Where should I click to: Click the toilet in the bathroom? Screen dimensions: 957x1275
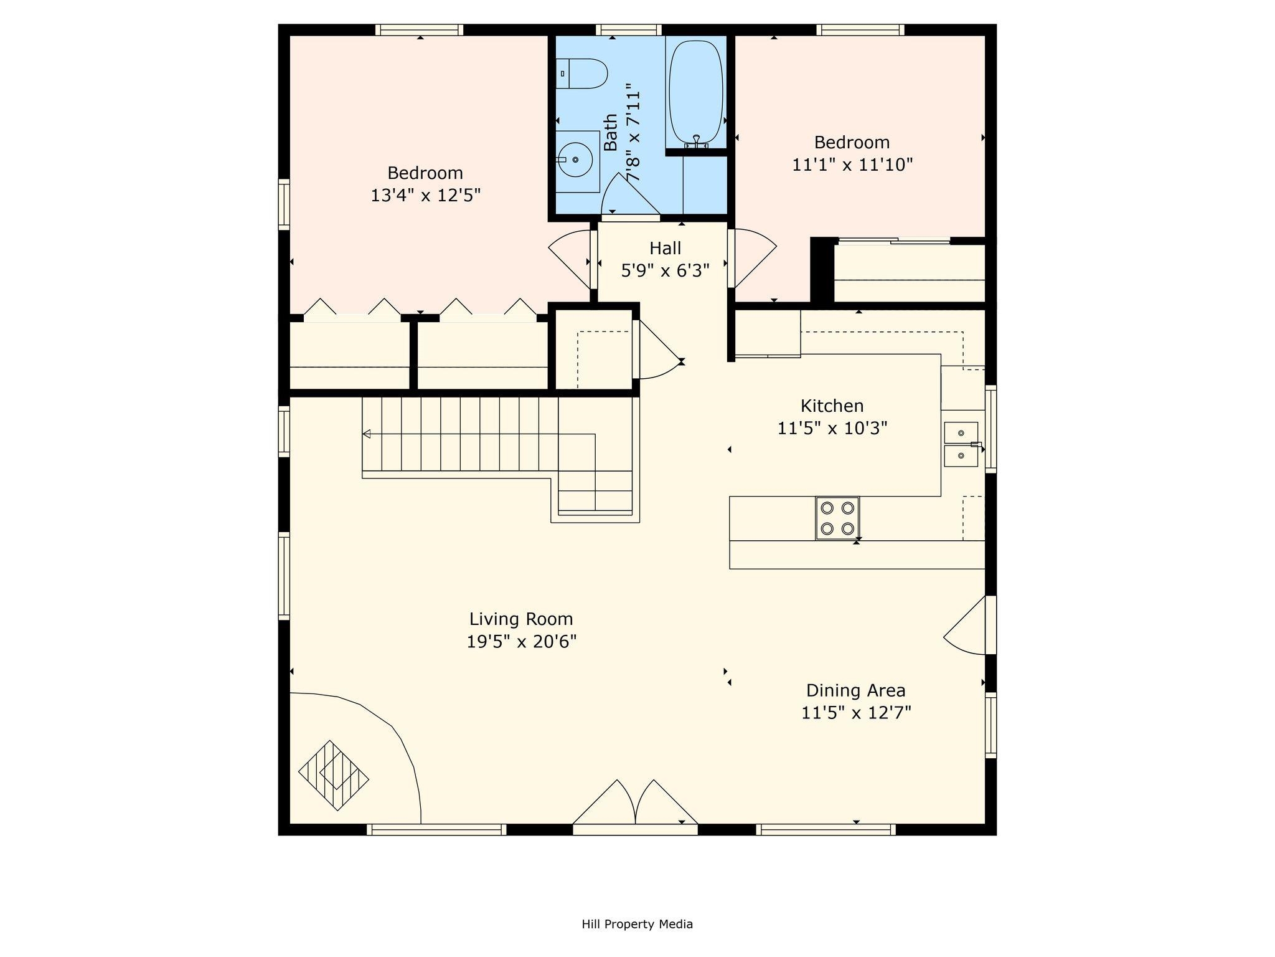[583, 74]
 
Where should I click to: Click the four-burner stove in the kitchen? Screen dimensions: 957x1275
[837, 518]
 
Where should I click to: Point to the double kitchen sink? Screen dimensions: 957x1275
[961, 444]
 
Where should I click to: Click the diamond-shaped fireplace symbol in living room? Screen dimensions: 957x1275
[334, 775]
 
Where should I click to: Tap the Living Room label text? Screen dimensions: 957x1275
[521, 619]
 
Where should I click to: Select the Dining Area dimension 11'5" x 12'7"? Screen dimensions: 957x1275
[856, 713]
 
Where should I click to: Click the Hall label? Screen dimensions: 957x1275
[665, 248]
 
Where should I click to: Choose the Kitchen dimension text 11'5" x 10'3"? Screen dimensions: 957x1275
[832, 429]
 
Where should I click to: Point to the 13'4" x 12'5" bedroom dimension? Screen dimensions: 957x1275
[426, 196]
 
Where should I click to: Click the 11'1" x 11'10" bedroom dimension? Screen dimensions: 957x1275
[852, 165]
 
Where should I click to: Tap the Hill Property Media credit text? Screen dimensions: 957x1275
[637, 924]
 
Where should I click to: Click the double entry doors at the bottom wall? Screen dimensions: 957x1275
[635, 807]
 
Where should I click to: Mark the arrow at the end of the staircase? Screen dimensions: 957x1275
[367, 434]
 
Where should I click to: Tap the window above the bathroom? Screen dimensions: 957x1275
[629, 30]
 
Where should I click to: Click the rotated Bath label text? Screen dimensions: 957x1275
[611, 132]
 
